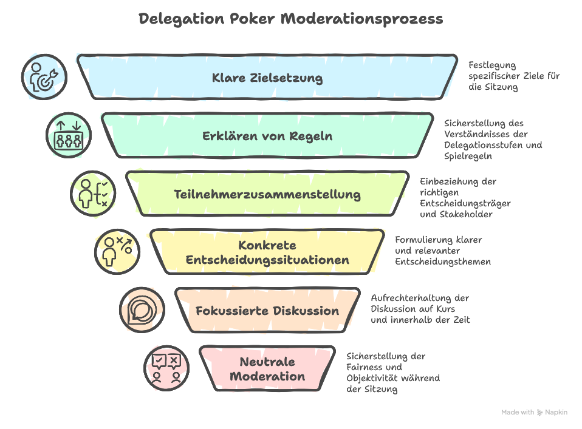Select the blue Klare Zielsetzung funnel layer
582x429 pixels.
(x=267, y=78)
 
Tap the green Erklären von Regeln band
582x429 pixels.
(x=267, y=136)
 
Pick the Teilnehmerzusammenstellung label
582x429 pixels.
(x=267, y=195)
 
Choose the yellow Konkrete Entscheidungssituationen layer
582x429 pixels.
(x=267, y=252)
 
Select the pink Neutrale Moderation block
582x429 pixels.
(x=267, y=369)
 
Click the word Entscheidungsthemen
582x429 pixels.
(x=442, y=262)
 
